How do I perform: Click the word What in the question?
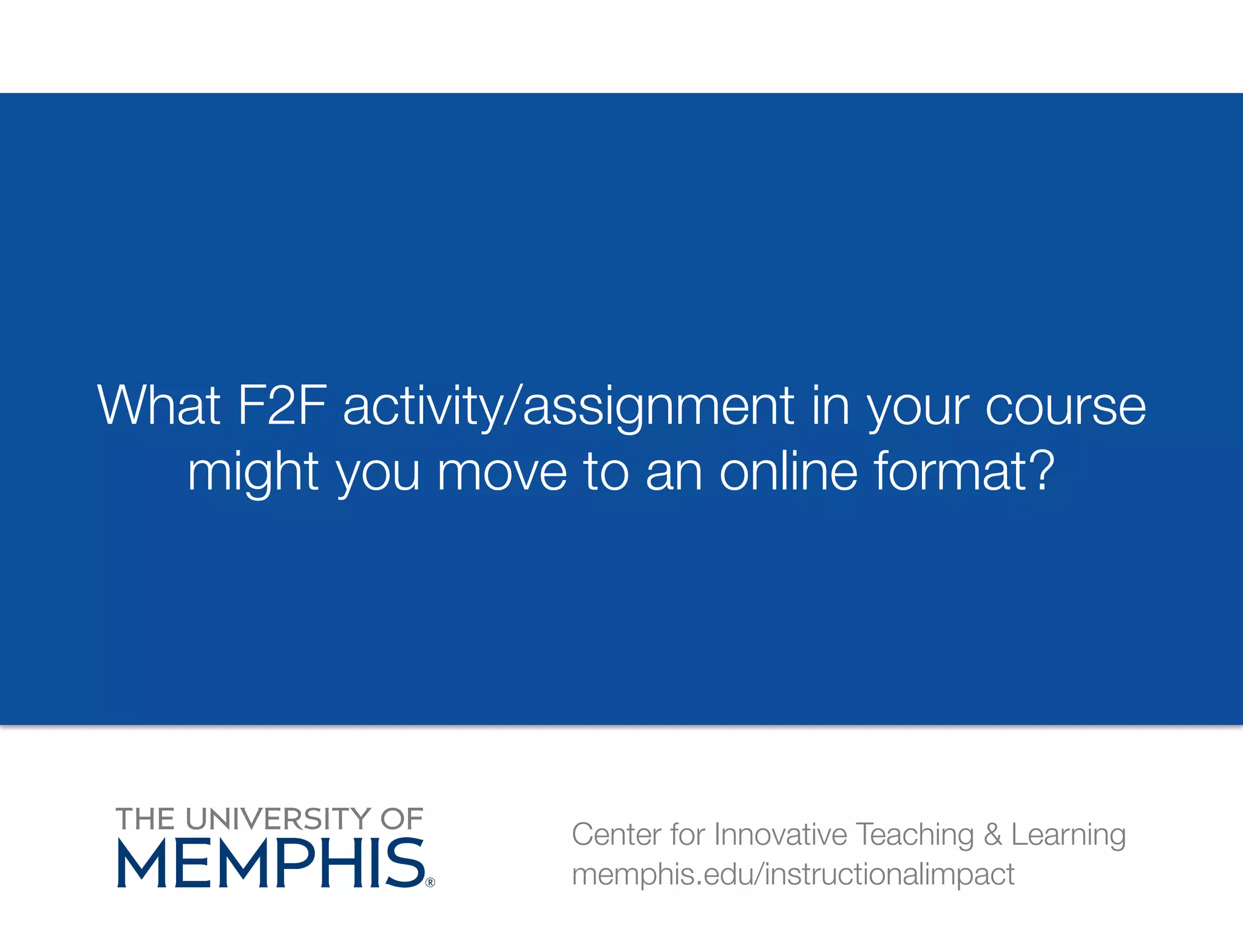[x=159, y=405]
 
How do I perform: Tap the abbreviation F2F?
[x=282, y=405]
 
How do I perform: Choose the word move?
[x=502, y=472]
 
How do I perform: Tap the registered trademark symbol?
[x=430, y=882]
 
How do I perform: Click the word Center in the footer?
[x=616, y=834]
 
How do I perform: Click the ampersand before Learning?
[x=993, y=834]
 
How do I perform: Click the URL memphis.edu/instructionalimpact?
[x=793, y=874]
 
